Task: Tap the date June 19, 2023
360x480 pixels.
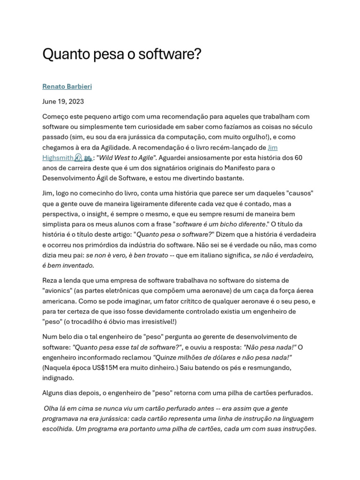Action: (x=63, y=101)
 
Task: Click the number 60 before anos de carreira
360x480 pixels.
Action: (x=297, y=158)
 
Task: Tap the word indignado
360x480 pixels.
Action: (x=58, y=378)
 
